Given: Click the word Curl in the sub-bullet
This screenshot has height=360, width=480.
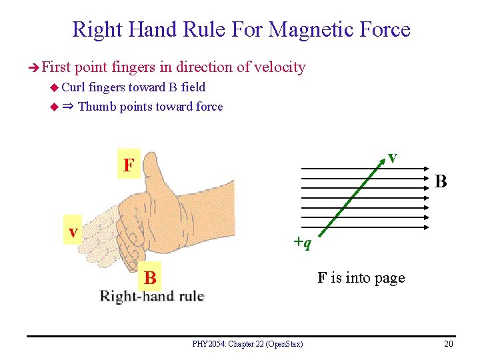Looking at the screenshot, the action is (x=73, y=87).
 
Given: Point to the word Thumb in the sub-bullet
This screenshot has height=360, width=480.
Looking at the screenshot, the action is (x=97, y=107).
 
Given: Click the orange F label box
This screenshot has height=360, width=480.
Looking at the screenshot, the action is (x=128, y=165).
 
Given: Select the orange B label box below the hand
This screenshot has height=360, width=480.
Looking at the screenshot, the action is (x=151, y=277).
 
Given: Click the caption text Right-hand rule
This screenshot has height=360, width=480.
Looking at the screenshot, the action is (x=152, y=296).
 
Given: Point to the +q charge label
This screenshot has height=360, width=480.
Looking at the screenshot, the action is (x=301, y=243).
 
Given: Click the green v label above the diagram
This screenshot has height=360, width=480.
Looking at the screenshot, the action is (x=393, y=157).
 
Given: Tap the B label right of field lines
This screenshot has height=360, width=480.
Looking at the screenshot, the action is (x=441, y=181).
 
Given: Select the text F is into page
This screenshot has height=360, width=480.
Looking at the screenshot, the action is (x=361, y=277).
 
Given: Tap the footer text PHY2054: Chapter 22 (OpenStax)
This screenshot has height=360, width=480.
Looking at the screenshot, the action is (x=247, y=344).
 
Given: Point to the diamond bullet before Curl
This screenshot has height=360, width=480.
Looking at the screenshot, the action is (x=54, y=87).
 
